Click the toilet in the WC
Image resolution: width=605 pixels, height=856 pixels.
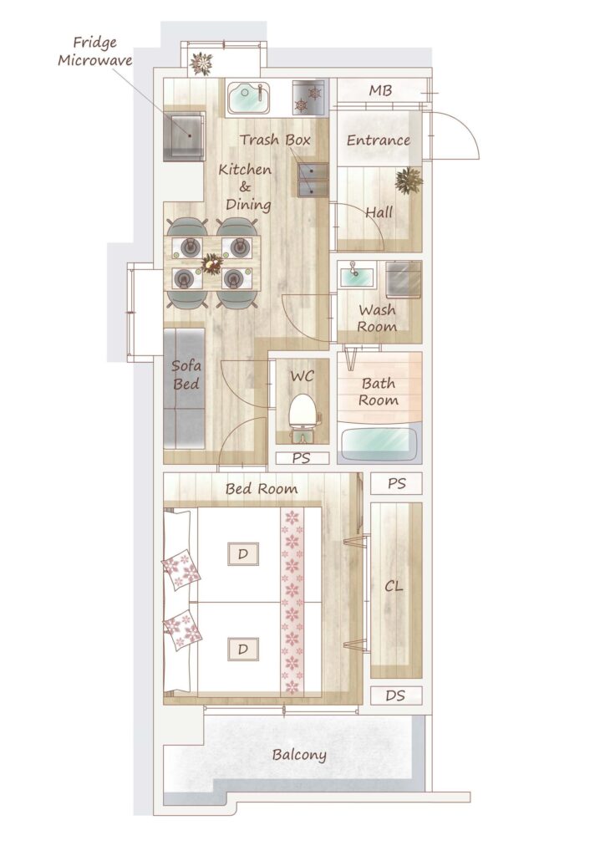coord(302,418)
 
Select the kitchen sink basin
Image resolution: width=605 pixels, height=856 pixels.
coord(248,98)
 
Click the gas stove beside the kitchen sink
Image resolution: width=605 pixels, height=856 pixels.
coord(308,98)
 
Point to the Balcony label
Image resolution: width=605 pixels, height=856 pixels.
coord(299,755)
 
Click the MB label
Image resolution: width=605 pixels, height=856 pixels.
coord(380,90)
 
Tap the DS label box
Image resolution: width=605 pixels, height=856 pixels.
coord(396,695)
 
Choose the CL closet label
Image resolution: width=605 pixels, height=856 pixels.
coord(394,586)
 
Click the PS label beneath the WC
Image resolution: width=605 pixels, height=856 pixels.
coord(302,458)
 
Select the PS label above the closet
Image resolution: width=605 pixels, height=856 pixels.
coord(397,484)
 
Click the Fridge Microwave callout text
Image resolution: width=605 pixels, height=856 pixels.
coord(95,51)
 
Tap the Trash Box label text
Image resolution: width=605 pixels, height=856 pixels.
coord(275,140)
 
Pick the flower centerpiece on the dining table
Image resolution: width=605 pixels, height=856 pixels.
coord(212,263)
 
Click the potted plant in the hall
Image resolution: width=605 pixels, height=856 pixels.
coord(409,181)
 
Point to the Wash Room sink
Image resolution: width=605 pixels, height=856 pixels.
coord(357,274)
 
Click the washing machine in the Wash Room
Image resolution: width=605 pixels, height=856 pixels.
coord(404,279)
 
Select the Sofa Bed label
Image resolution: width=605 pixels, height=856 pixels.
coord(186,374)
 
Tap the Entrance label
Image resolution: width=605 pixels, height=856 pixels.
coord(379,140)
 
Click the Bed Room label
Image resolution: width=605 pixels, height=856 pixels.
coord(262,488)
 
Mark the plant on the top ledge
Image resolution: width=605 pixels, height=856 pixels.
coord(201,64)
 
